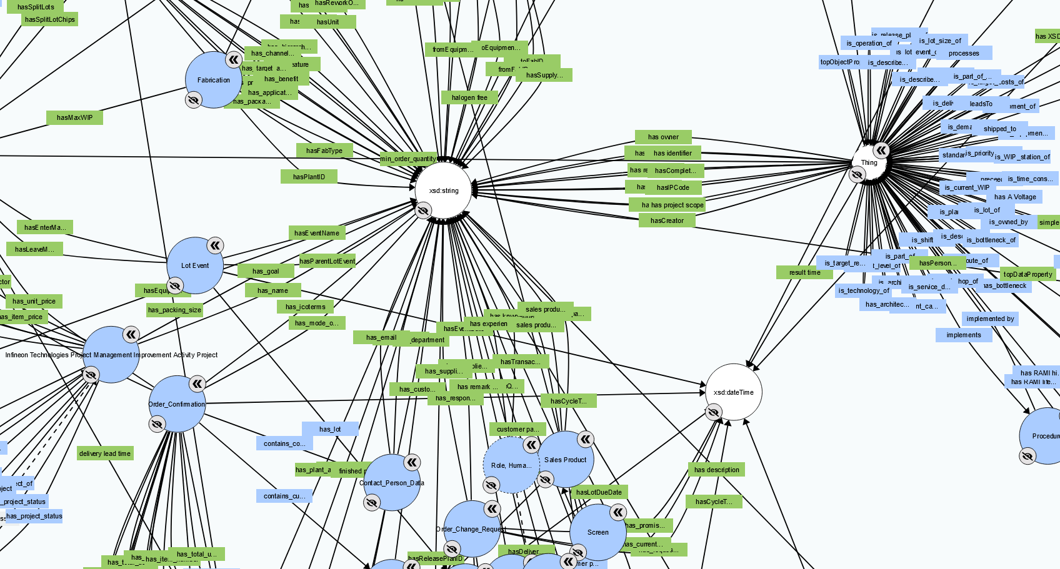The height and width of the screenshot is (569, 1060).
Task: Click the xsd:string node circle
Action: pos(444,190)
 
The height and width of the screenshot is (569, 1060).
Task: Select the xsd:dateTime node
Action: pos(734,392)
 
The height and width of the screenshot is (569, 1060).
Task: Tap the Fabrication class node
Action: pos(214,80)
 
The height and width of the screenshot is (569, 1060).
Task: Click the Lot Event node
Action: pos(195,265)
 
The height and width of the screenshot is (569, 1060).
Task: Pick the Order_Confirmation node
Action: pos(177,404)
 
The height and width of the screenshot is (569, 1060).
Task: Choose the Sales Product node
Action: pos(566,460)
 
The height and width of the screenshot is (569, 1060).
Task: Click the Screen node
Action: pos(597,532)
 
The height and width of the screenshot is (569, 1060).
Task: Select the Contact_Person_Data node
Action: pos(392,483)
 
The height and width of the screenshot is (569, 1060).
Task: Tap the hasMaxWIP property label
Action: pos(74,117)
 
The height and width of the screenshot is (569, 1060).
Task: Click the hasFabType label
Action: pos(324,151)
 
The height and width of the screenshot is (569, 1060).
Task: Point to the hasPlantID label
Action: pos(309,177)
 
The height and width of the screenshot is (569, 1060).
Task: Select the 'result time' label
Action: pos(804,272)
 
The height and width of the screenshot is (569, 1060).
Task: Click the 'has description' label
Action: pos(716,470)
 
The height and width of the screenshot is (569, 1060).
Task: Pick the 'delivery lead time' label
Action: pos(105,453)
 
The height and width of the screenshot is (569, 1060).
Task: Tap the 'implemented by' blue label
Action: pos(990,319)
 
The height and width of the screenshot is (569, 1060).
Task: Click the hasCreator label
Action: pos(667,220)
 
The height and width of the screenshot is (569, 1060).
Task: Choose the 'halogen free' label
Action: pos(469,97)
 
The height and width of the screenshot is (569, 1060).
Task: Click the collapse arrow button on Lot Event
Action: pos(215,245)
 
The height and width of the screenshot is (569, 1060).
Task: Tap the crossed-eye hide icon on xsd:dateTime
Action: pos(714,412)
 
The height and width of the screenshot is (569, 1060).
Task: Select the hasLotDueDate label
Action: pos(599,492)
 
